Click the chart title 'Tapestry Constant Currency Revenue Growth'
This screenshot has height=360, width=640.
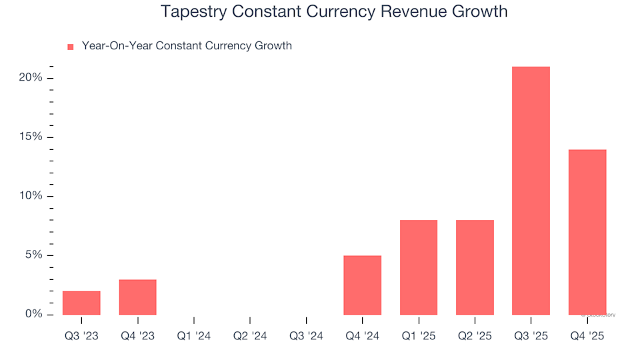[x=334, y=12]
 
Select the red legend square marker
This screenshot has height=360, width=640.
[x=70, y=47]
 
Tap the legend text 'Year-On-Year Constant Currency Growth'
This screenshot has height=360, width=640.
[x=187, y=46]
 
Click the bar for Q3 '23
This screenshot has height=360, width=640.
[x=81, y=303]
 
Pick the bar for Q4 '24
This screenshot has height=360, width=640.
[x=362, y=285]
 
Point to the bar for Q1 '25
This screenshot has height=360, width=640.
[x=419, y=267]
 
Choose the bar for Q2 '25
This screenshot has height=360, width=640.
[x=475, y=267]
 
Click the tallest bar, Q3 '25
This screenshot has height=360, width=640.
[x=531, y=191]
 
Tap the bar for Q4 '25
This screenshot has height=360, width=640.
[x=587, y=232]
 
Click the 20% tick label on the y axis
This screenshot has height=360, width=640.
[x=31, y=78]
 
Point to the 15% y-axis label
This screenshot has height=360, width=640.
[x=31, y=137]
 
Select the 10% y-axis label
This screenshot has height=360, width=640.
[x=31, y=196]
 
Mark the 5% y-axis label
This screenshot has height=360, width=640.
[x=33, y=255]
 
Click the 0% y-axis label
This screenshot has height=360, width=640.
[x=33, y=314]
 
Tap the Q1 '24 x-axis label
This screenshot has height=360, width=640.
[x=194, y=337]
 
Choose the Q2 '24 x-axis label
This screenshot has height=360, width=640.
[x=250, y=337]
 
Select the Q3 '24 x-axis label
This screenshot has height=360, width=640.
[x=306, y=337]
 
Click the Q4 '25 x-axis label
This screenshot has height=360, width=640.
[x=587, y=337]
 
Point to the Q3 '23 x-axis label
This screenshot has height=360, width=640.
[x=81, y=337]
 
